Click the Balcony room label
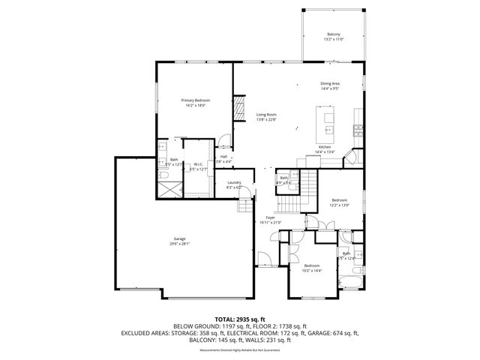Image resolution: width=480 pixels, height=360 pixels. [333, 34]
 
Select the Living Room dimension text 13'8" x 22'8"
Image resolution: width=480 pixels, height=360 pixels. [266, 119]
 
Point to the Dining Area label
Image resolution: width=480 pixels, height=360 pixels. [331, 83]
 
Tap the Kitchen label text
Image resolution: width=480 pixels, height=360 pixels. [325, 147]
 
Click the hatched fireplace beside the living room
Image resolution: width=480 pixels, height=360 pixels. [240, 107]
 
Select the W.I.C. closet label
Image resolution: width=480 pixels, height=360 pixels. [199, 164]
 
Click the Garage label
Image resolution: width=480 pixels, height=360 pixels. [180, 238]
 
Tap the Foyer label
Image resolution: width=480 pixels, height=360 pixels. [269, 217]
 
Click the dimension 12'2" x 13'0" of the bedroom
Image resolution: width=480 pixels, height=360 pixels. [340, 205]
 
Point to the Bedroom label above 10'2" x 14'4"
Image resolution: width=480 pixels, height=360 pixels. [312, 265]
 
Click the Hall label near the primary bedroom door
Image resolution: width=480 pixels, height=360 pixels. [223, 157]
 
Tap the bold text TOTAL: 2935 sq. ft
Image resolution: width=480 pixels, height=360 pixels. [240, 319]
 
